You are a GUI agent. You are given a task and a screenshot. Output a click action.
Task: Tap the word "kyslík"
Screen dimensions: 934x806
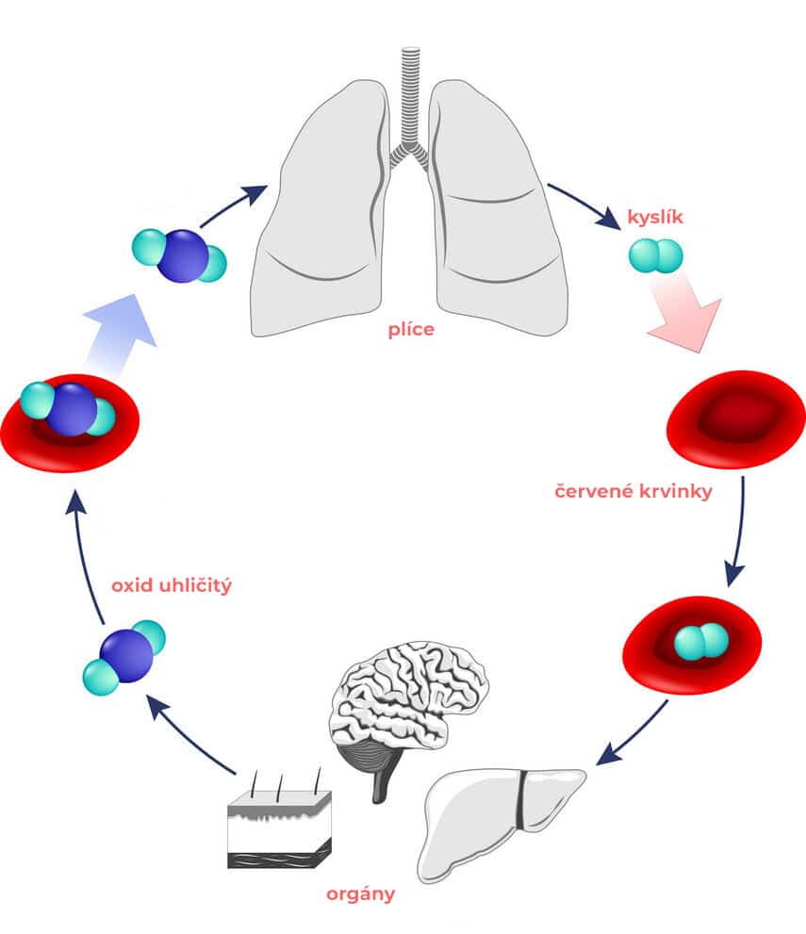pos(655,219)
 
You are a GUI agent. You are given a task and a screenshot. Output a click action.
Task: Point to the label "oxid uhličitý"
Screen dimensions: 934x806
pos(172,585)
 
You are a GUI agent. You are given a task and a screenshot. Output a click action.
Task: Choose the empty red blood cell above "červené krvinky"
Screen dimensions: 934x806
pos(735,419)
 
